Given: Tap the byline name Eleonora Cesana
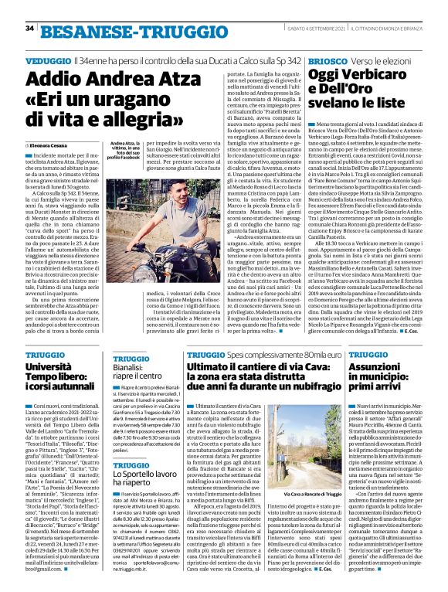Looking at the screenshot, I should (x=53, y=145).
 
